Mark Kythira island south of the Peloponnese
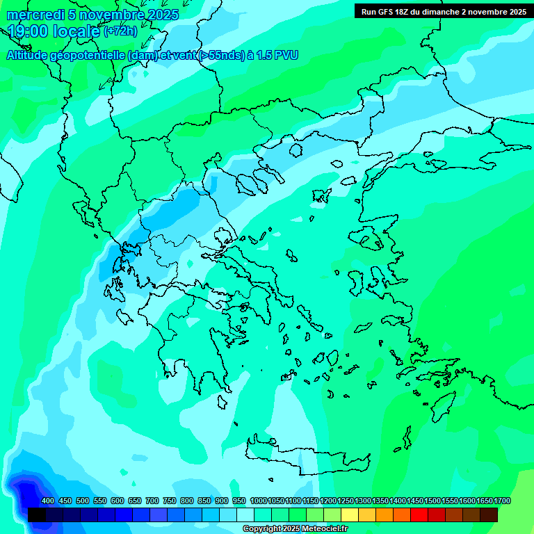(x=222, y=403)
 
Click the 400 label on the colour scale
(x=48, y=501)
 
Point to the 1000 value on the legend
(x=258, y=501)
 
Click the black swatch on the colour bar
(x=37, y=515)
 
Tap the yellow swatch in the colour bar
(x=350, y=515)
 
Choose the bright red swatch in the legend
(x=419, y=515)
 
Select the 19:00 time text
(x=29, y=31)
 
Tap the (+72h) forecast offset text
(x=120, y=31)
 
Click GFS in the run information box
(x=387, y=12)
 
